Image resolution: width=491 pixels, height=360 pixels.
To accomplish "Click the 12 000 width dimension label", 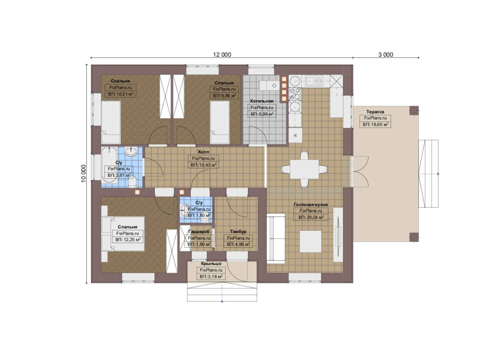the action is tap(222, 55).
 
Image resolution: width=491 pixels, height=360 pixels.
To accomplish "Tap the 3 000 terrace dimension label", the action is tap(385, 55).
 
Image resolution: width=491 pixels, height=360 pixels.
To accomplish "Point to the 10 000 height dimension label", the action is tap(84, 174).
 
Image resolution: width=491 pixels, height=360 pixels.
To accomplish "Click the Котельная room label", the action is tap(262, 101).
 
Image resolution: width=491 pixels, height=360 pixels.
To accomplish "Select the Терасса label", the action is tap(375, 112).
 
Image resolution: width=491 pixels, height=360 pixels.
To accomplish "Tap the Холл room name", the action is tap(204, 152).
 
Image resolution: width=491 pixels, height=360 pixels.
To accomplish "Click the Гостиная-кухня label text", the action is tap(310, 205).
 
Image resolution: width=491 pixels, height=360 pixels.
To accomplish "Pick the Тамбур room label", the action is tap(238, 231).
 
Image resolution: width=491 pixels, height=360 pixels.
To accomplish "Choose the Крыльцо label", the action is tap(211, 263).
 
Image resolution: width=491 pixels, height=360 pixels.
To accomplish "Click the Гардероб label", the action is tap(199, 231).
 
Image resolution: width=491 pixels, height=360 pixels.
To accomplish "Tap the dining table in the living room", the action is tap(304, 169).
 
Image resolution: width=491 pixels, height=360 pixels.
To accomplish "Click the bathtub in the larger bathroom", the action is tap(109, 165).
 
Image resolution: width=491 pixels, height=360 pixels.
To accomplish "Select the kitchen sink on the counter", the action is tap(314, 81).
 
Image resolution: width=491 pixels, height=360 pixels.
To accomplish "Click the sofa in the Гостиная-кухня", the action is tap(276, 238).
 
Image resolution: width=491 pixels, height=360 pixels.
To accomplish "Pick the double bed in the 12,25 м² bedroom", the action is tap(123, 233).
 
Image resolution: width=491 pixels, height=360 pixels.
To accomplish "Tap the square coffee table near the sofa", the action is tap(310, 241).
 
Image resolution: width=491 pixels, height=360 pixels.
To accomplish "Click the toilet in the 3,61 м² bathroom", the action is tap(132, 182).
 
